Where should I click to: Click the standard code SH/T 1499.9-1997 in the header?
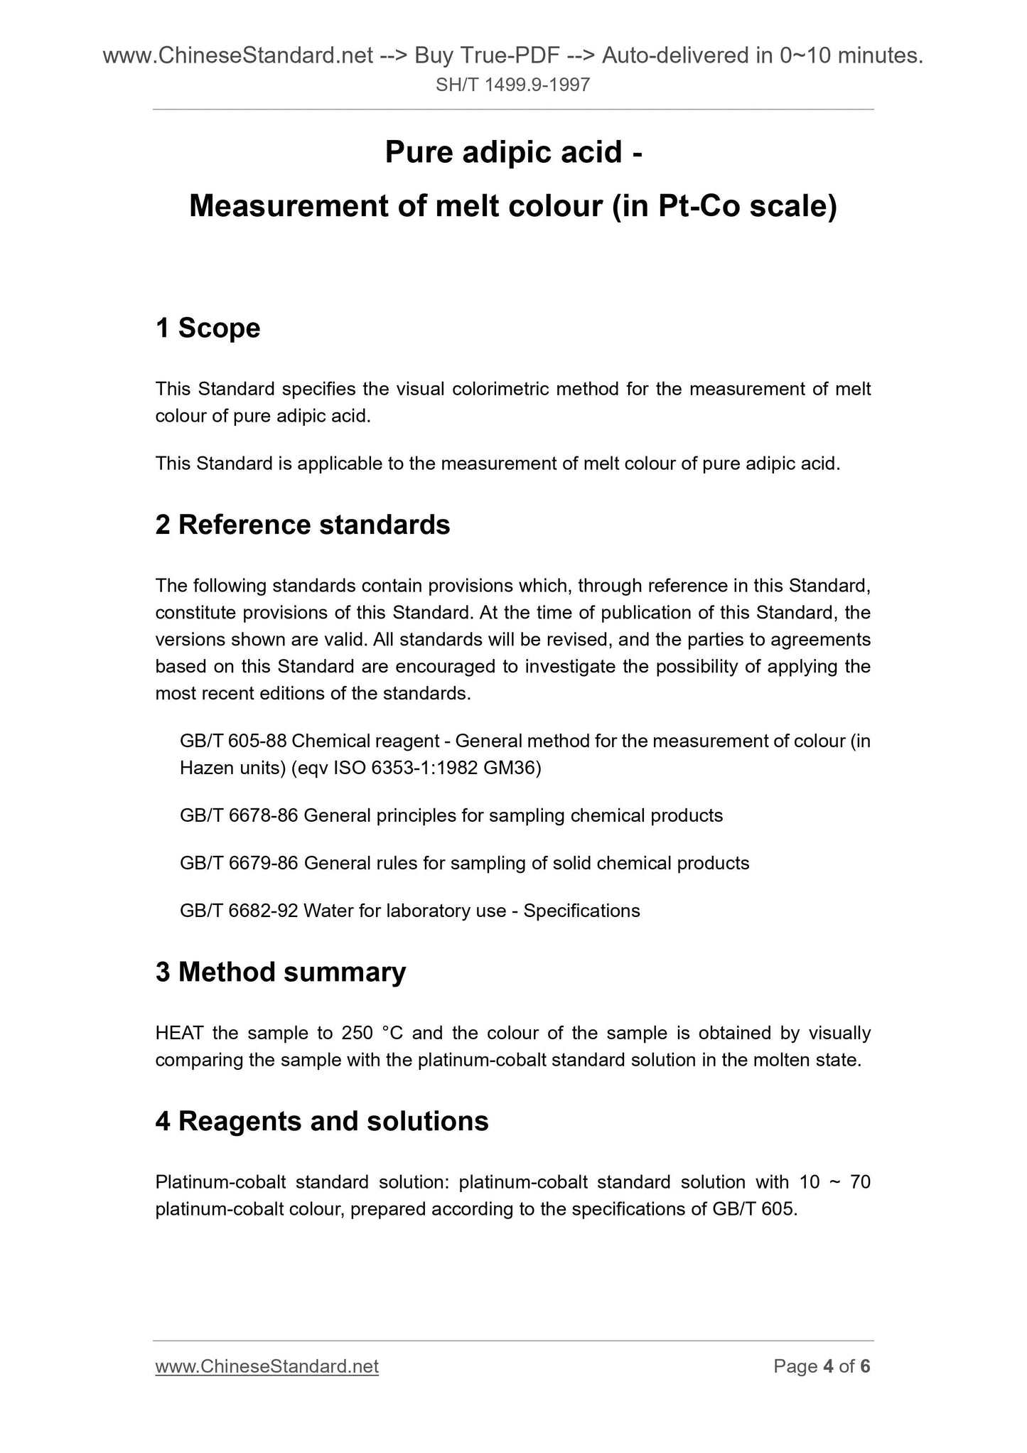(x=512, y=86)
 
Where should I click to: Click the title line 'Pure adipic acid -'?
(x=513, y=152)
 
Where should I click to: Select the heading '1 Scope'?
(x=208, y=328)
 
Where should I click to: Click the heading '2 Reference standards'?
(x=303, y=525)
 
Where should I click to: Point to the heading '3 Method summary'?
(x=281, y=972)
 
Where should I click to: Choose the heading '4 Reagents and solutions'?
(x=322, y=1121)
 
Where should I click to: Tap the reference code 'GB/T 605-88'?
(x=233, y=741)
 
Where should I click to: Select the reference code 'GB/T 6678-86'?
(x=239, y=815)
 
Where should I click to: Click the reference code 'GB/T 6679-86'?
(x=239, y=863)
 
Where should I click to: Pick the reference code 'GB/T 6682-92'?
(x=239, y=911)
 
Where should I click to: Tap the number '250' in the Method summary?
(x=357, y=1033)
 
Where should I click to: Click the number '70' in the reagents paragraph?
(x=858, y=1182)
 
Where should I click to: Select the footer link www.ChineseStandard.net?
(x=267, y=1366)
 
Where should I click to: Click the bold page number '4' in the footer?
(x=828, y=1366)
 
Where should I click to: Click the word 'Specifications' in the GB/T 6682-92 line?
(x=581, y=911)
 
